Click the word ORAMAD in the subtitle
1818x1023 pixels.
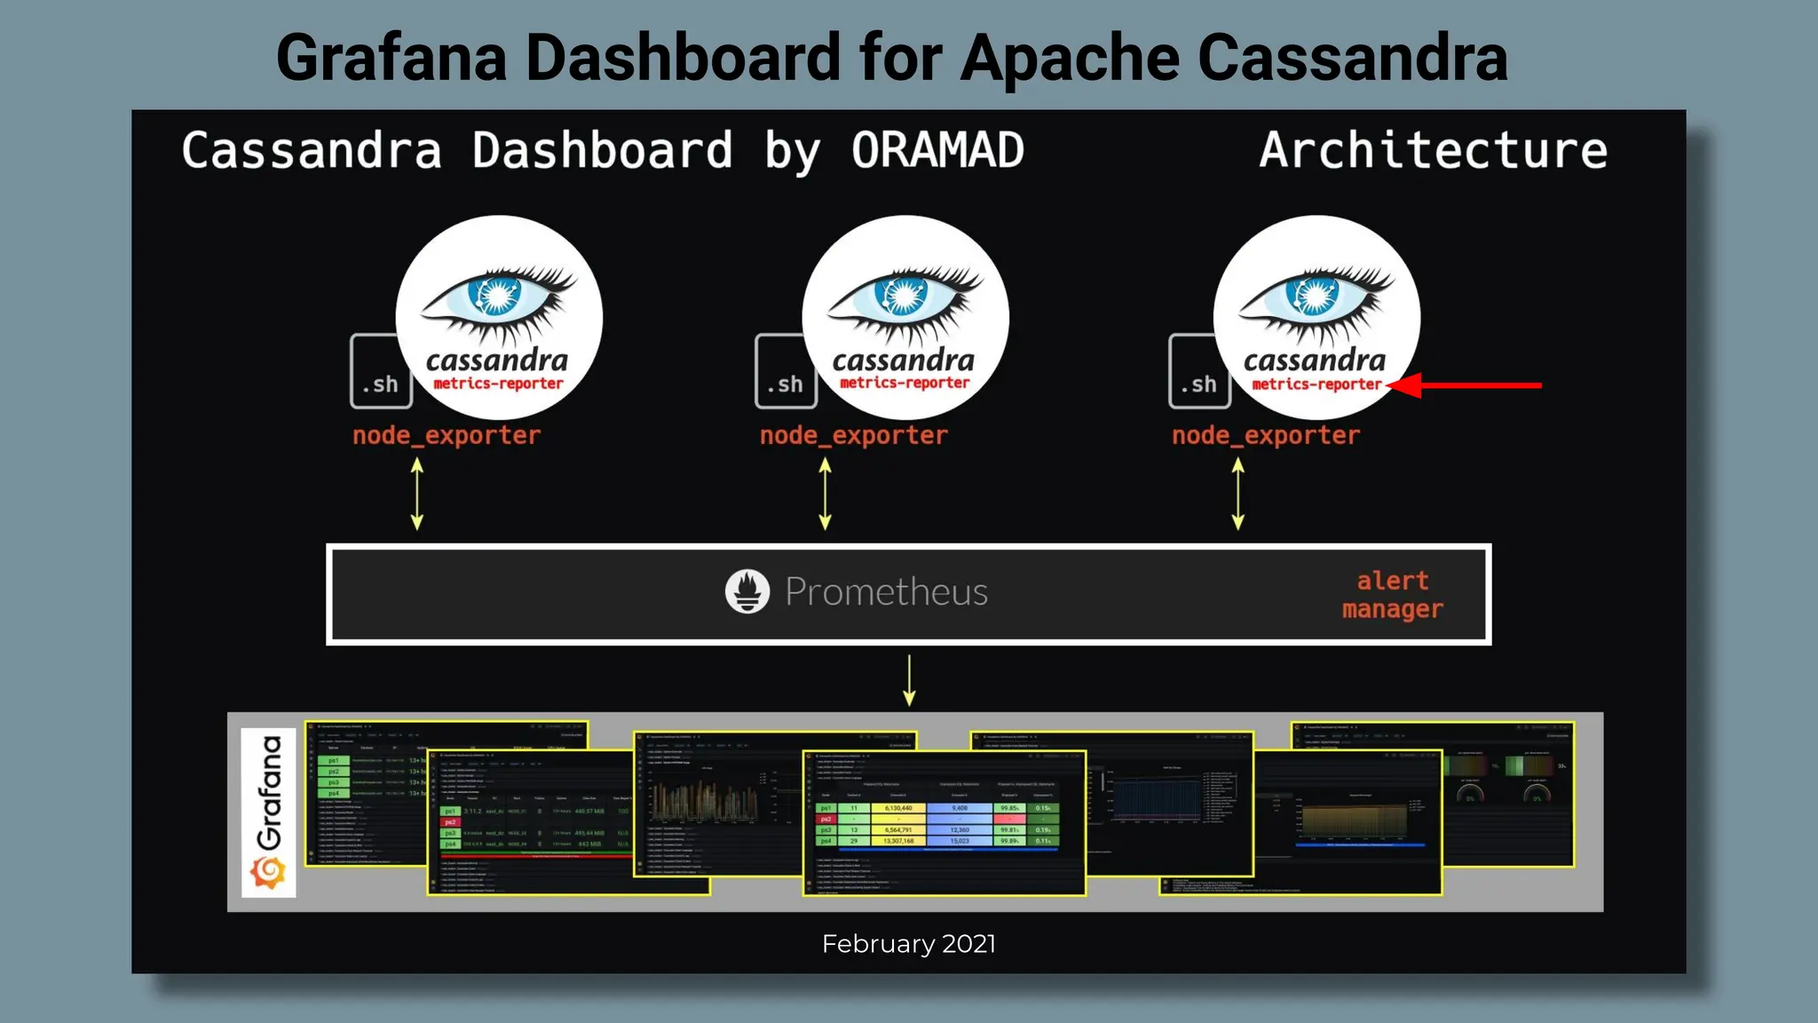(937, 151)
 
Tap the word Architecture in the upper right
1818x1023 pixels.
(1433, 151)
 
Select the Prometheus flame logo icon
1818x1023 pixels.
(747, 591)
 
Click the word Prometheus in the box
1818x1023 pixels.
(886, 592)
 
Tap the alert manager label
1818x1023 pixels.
(1392, 594)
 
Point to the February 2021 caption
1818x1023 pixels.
(908, 943)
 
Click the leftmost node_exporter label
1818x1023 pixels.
(447, 435)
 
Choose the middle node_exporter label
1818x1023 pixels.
(853, 435)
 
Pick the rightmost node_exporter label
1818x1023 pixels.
(1265, 435)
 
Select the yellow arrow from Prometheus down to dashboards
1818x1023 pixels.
(909, 680)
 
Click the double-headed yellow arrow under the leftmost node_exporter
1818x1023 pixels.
(417, 494)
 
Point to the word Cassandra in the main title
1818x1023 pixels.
(1353, 59)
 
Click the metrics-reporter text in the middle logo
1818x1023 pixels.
(905, 383)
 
